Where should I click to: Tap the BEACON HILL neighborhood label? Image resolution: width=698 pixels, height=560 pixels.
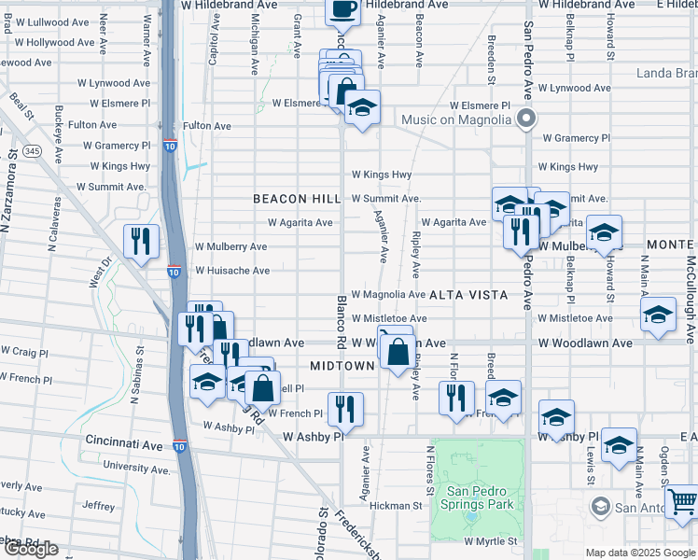pyautogui.click(x=297, y=200)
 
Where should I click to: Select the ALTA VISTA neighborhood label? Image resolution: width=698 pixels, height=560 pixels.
pyautogui.click(x=468, y=295)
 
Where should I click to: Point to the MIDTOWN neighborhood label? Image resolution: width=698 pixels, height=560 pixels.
pyautogui.click(x=342, y=367)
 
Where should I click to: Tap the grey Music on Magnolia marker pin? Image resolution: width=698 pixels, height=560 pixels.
pyautogui.click(x=526, y=119)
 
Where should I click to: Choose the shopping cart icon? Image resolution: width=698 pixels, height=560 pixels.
pyautogui.click(x=682, y=501)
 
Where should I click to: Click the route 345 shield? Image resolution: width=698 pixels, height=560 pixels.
pyautogui.click(x=33, y=150)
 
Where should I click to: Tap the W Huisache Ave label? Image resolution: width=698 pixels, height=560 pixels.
pyautogui.click(x=231, y=271)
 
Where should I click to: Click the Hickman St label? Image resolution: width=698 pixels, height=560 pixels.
pyautogui.click(x=396, y=506)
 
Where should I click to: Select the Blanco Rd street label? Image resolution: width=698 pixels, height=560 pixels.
pyautogui.click(x=342, y=323)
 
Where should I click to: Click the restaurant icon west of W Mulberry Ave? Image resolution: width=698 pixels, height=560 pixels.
pyautogui.click(x=141, y=241)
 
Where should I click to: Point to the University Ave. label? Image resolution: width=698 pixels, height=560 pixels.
pyautogui.click(x=137, y=466)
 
